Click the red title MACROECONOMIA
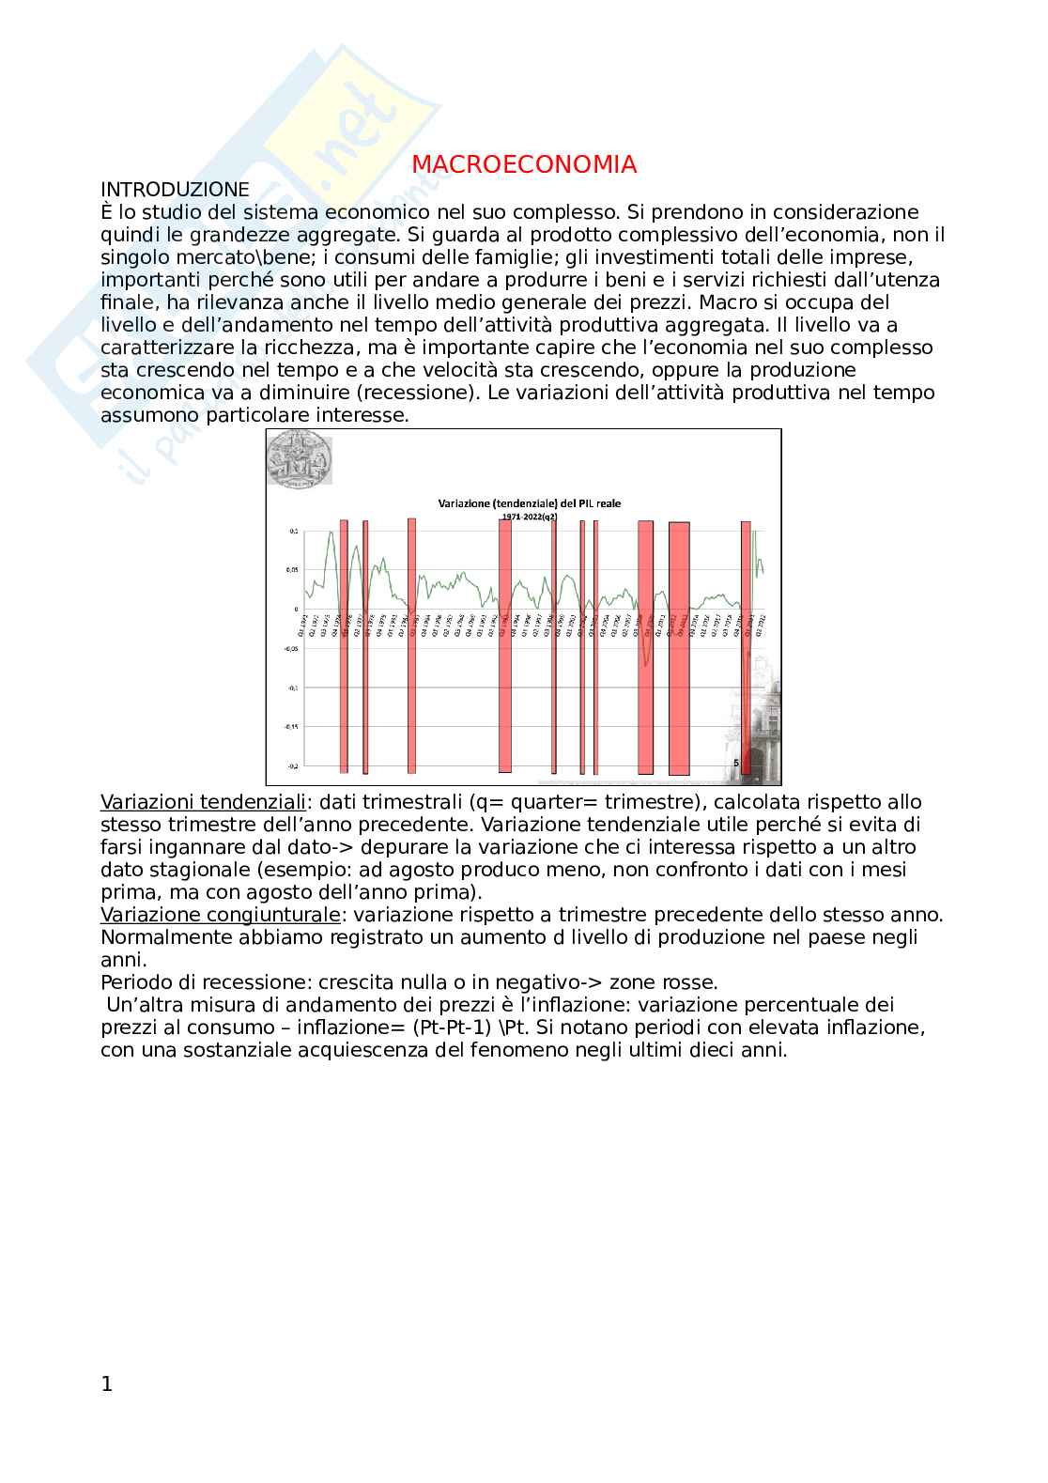pyautogui.click(x=524, y=165)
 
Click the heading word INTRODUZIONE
pyautogui.click(x=175, y=190)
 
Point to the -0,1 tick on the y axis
pyautogui.click(x=292, y=687)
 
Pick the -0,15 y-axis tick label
pyautogui.click(x=289, y=726)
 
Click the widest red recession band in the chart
pyautogui.click(x=678, y=648)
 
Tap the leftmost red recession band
pyautogui.click(x=344, y=648)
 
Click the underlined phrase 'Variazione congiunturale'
pyautogui.click(x=220, y=915)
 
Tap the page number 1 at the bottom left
pyautogui.click(x=106, y=1384)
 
